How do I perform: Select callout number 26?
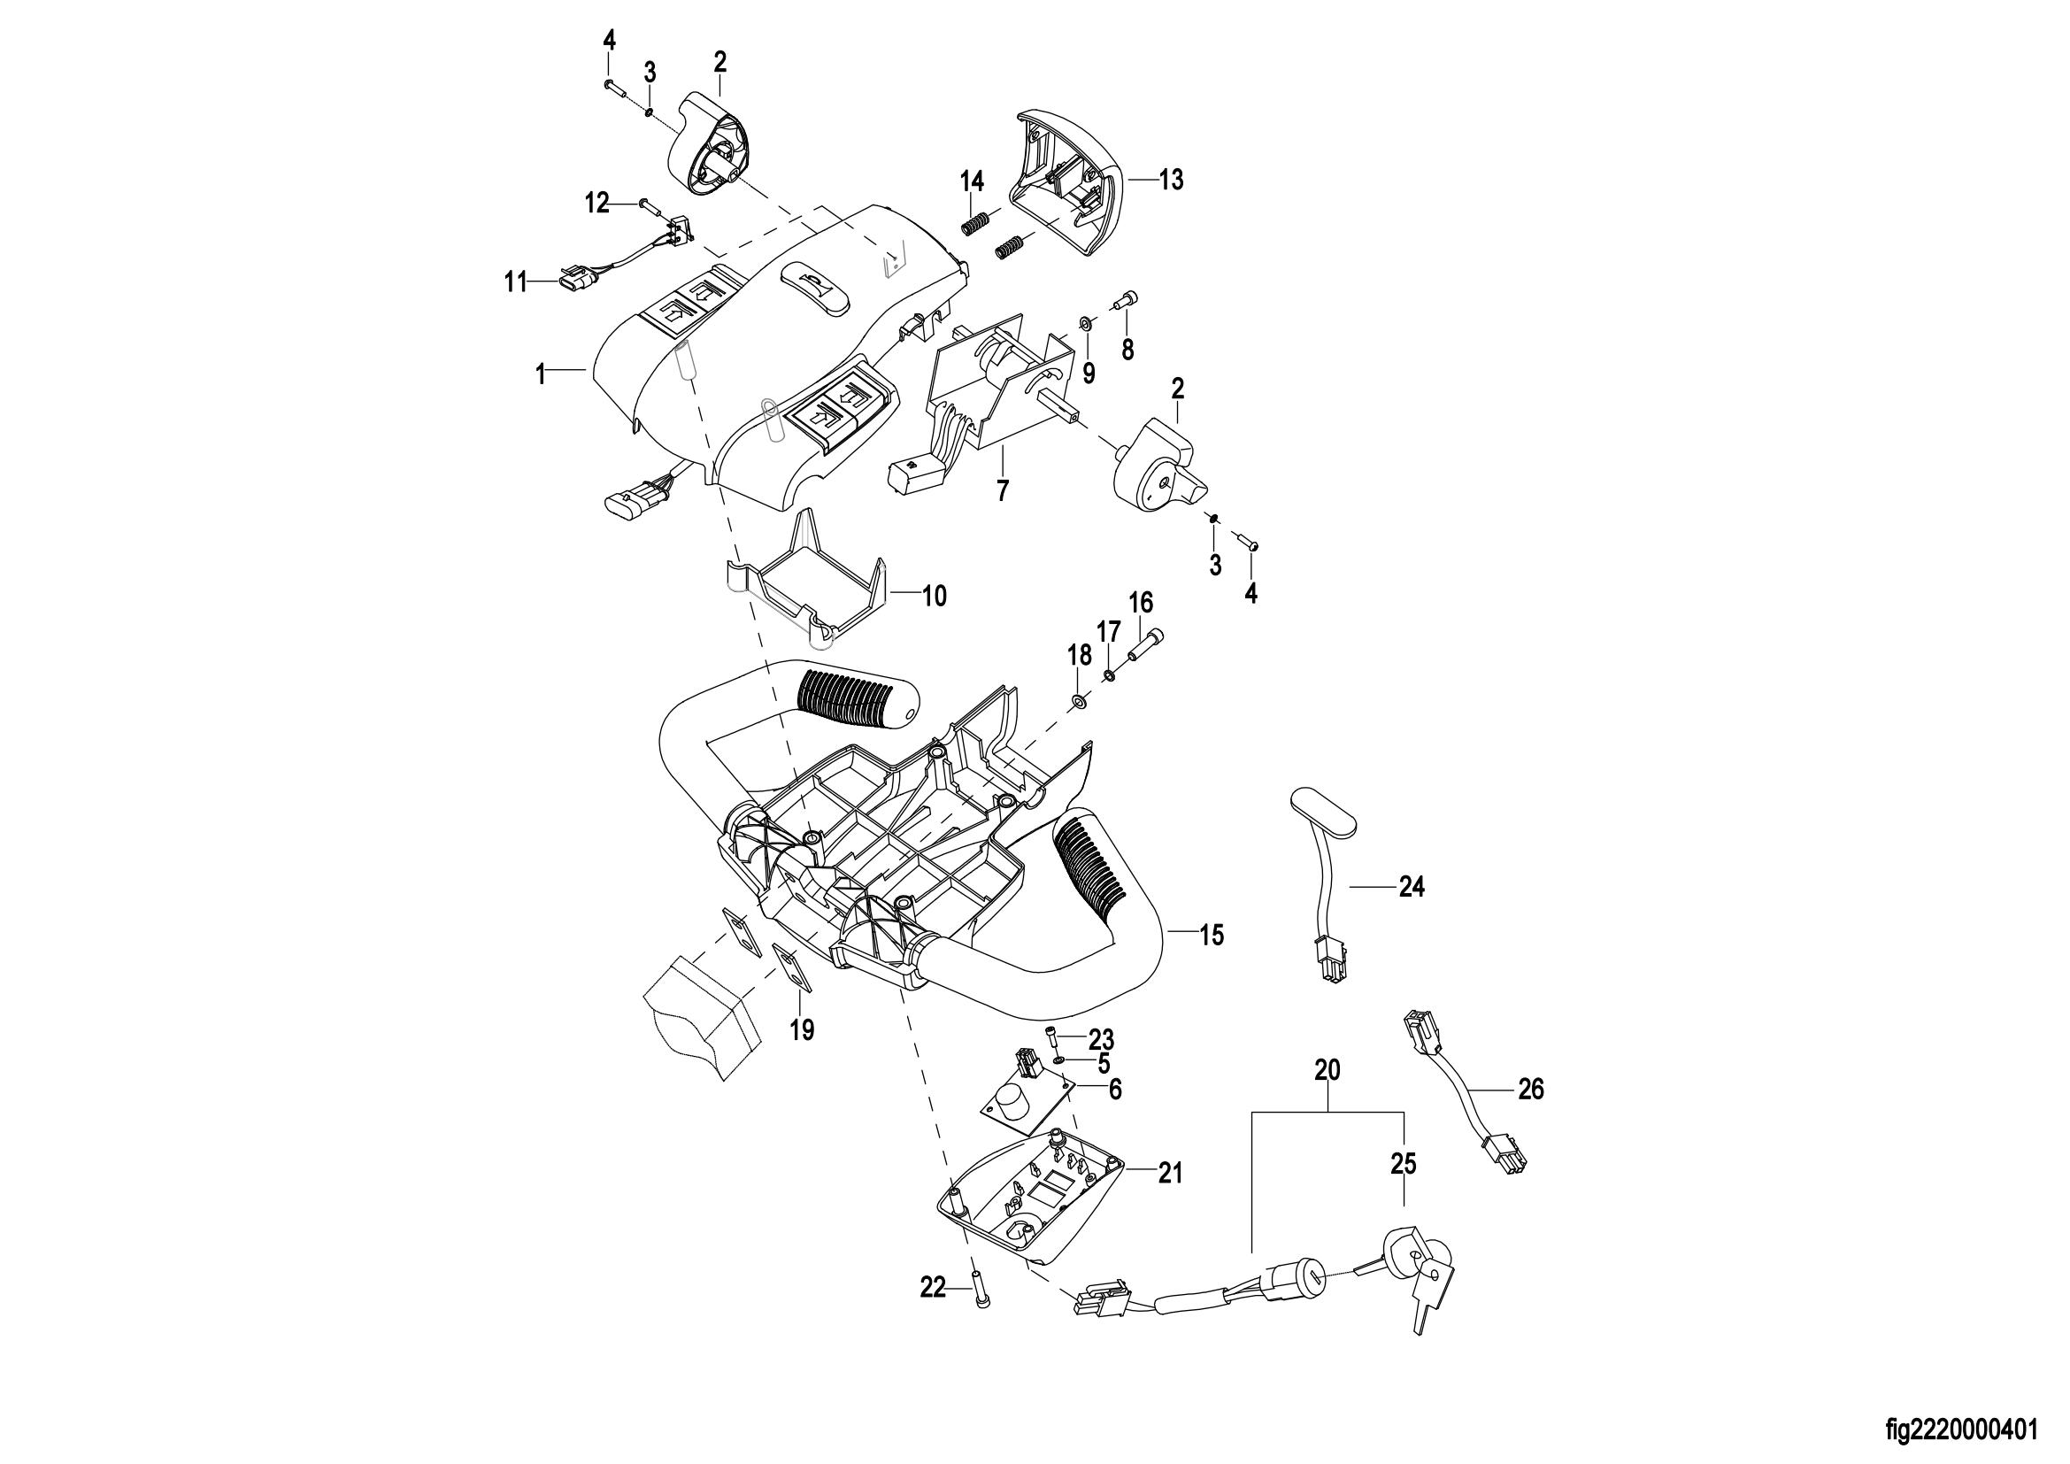click(1531, 1090)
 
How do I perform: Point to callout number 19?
click(803, 1029)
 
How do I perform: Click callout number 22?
click(932, 1288)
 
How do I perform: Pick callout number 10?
click(935, 596)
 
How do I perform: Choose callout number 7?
click(1003, 490)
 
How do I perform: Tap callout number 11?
click(515, 283)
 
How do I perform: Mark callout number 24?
click(1412, 888)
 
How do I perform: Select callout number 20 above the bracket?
click(1327, 1070)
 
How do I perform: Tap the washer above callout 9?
click(1086, 323)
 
